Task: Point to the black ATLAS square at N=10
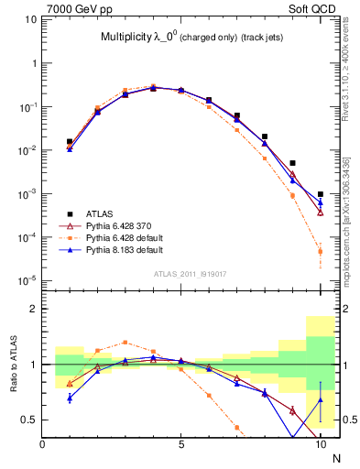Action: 321,194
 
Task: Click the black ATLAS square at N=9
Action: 292,163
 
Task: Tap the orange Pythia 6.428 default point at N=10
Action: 321,252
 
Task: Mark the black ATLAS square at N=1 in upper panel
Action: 70,142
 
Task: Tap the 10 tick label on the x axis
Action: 321,446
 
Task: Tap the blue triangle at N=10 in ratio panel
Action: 321,399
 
